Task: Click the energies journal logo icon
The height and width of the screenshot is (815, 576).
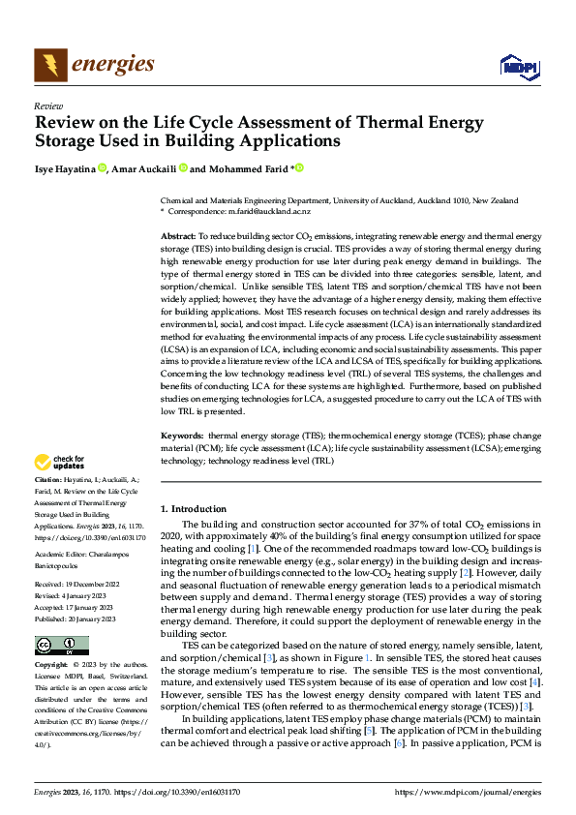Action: (50, 65)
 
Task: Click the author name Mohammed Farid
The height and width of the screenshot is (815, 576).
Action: (246, 168)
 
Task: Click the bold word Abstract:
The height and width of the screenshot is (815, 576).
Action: (177, 236)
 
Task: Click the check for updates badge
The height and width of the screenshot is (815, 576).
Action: (59, 464)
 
